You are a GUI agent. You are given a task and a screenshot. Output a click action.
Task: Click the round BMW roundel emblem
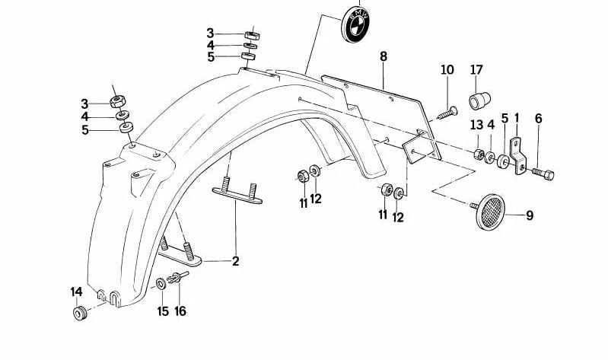tap(355, 24)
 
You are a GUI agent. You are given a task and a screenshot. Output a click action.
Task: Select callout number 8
tap(383, 56)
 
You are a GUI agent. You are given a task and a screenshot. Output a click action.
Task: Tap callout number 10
tap(447, 70)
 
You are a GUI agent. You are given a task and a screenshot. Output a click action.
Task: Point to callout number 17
tap(476, 70)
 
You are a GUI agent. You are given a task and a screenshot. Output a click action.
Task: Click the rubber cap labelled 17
tap(479, 101)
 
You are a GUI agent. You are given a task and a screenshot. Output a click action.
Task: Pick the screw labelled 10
tap(447, 113)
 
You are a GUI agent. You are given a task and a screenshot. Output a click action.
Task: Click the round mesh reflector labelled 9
tap(491, 212)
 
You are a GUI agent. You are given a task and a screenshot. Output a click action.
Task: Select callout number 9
tap(530, 215)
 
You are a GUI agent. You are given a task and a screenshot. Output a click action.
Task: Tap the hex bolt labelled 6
tap(543, 174)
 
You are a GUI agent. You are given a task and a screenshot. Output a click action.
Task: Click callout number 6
tap(538, 119)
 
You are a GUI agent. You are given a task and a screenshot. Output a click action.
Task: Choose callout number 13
tap(476, 125)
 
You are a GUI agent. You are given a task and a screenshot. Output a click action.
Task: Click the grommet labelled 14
tap(80, 313)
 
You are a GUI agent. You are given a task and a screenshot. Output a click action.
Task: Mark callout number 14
tap(77, 292)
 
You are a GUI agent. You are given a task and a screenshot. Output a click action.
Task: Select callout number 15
tap(163, 311)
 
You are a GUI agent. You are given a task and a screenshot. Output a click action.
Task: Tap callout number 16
tap(180, 311)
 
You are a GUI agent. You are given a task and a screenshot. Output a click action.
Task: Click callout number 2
tap(236, 261)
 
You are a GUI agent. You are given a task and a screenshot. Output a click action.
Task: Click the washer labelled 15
tap(161, 284)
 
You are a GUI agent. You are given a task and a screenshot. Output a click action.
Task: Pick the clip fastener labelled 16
tap(177, 277)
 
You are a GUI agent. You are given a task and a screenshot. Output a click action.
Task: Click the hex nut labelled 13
tap(479, 155)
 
